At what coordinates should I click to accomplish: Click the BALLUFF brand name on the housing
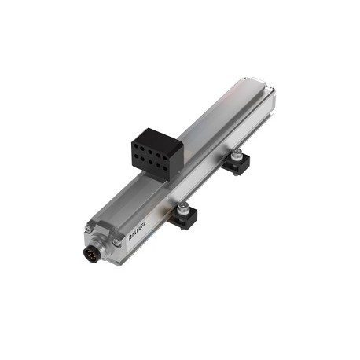[138, 230]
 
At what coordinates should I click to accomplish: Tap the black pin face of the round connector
[90, 254]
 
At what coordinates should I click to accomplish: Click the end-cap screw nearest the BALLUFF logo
[116, 242]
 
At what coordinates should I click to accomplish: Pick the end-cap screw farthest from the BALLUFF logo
[89, 229]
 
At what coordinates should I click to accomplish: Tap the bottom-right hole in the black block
[164, 167]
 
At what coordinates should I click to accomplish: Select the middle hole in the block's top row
[150, 152]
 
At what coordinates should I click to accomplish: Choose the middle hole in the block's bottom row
[150, 162]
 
